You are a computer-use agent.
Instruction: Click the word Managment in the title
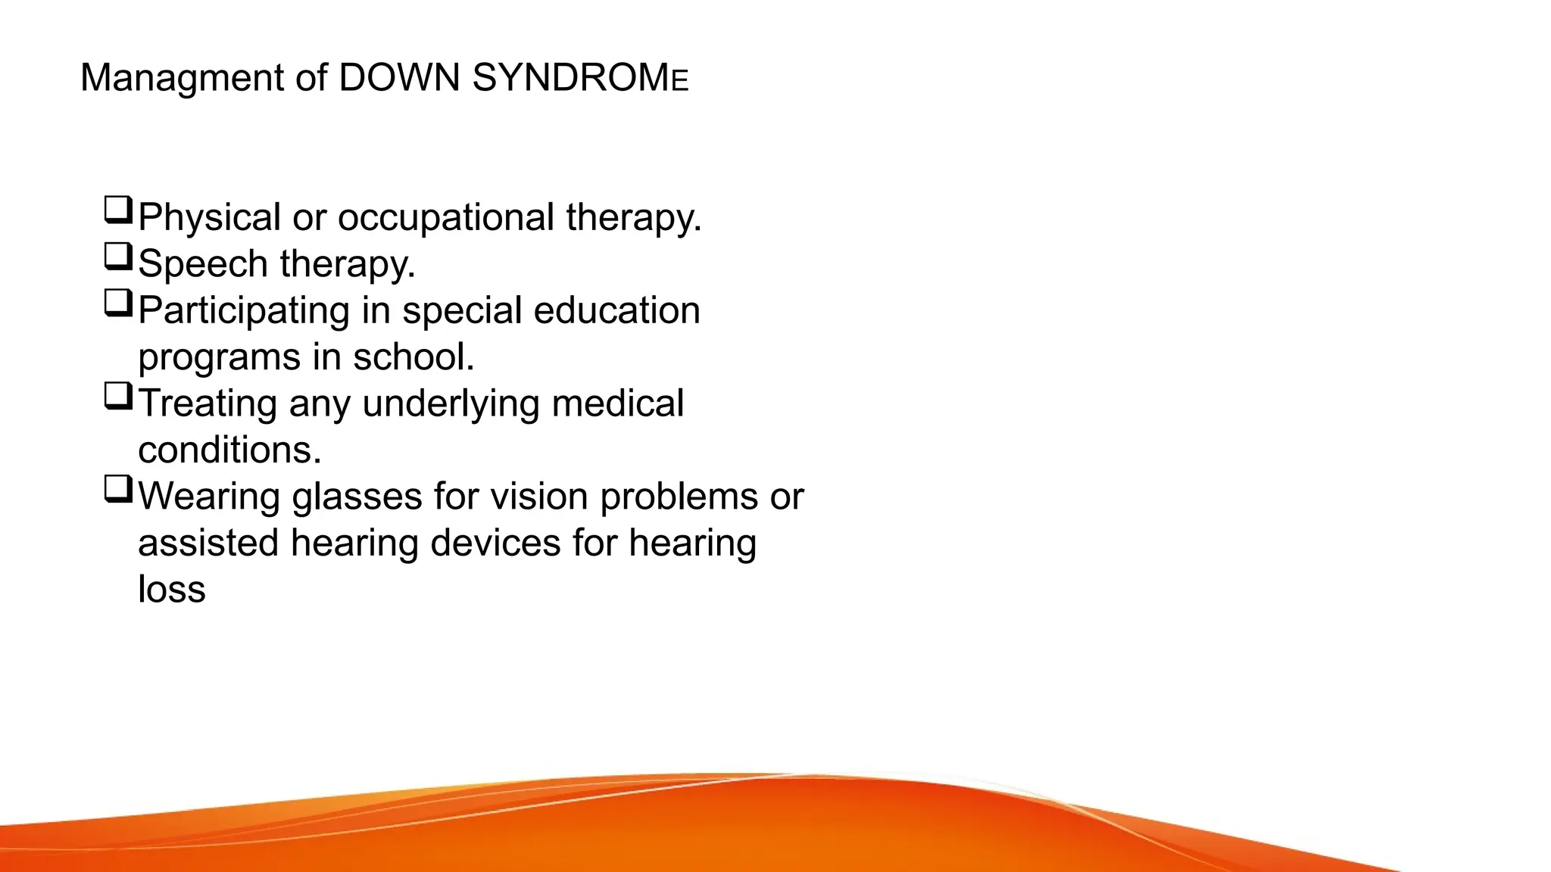[182, 79]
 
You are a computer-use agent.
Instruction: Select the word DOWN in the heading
[399, 79]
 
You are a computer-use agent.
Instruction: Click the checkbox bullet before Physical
[118, 210]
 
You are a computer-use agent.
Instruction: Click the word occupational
[445, 218]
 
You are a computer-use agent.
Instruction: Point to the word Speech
[203, 265]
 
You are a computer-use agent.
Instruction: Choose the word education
[616, 311]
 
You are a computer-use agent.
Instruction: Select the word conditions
[229, 450]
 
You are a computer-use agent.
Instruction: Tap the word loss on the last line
[171, 590]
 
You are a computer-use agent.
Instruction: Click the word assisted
[208, 543]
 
